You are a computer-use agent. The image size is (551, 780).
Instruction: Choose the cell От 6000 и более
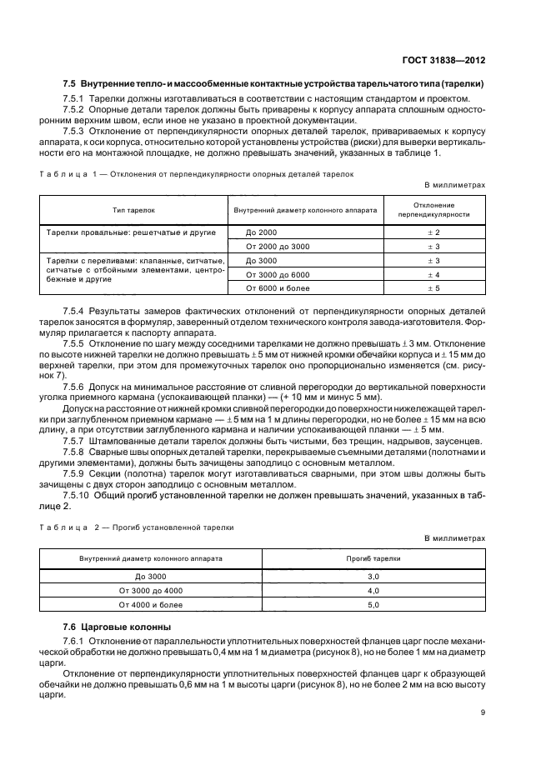click(278, 287)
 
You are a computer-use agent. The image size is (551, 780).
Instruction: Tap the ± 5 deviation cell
click(433, 287)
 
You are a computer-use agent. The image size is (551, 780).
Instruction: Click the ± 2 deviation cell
click(433, 232)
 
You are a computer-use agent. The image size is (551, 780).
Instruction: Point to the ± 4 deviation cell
click(433, 274)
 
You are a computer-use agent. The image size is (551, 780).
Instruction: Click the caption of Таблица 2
click(138, 527)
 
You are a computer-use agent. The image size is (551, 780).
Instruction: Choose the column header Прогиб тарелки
click(373, 557)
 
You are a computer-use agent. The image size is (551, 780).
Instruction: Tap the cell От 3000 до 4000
click(150, 590)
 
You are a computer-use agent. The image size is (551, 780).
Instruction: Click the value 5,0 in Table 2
click(373, 604)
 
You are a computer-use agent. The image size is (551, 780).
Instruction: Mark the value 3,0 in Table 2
click(373, 576)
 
